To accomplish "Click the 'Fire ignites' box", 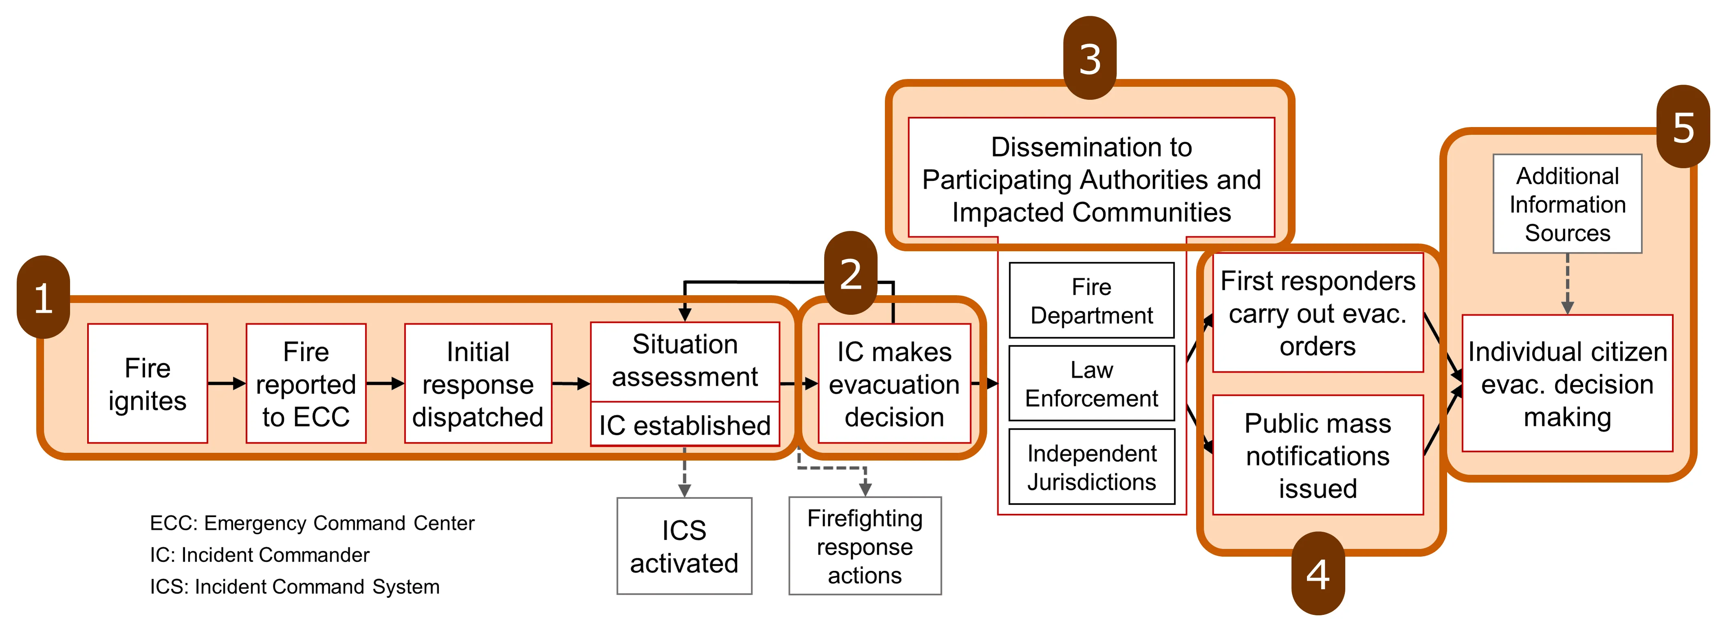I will (147, 383).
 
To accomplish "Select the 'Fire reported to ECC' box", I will (306, 383).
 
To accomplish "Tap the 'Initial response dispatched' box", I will (478, 383).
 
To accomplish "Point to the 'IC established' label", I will (684, 425).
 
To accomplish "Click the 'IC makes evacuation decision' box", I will (894, 383).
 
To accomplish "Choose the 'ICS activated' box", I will (684, 546).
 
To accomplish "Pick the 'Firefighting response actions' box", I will (865, 546).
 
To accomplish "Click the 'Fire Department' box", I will (1091, 300).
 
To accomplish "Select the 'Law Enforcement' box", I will (1091, 383).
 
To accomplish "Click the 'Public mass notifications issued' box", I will (1318, 455).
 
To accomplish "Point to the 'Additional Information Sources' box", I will (1567, 204).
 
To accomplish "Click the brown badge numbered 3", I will (1089, 58).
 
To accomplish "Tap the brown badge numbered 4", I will (1318, 573).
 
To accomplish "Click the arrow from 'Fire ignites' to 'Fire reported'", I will (227, 383).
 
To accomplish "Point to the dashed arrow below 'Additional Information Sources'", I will (1567, 283).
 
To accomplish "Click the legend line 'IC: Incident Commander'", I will (260, 555).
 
